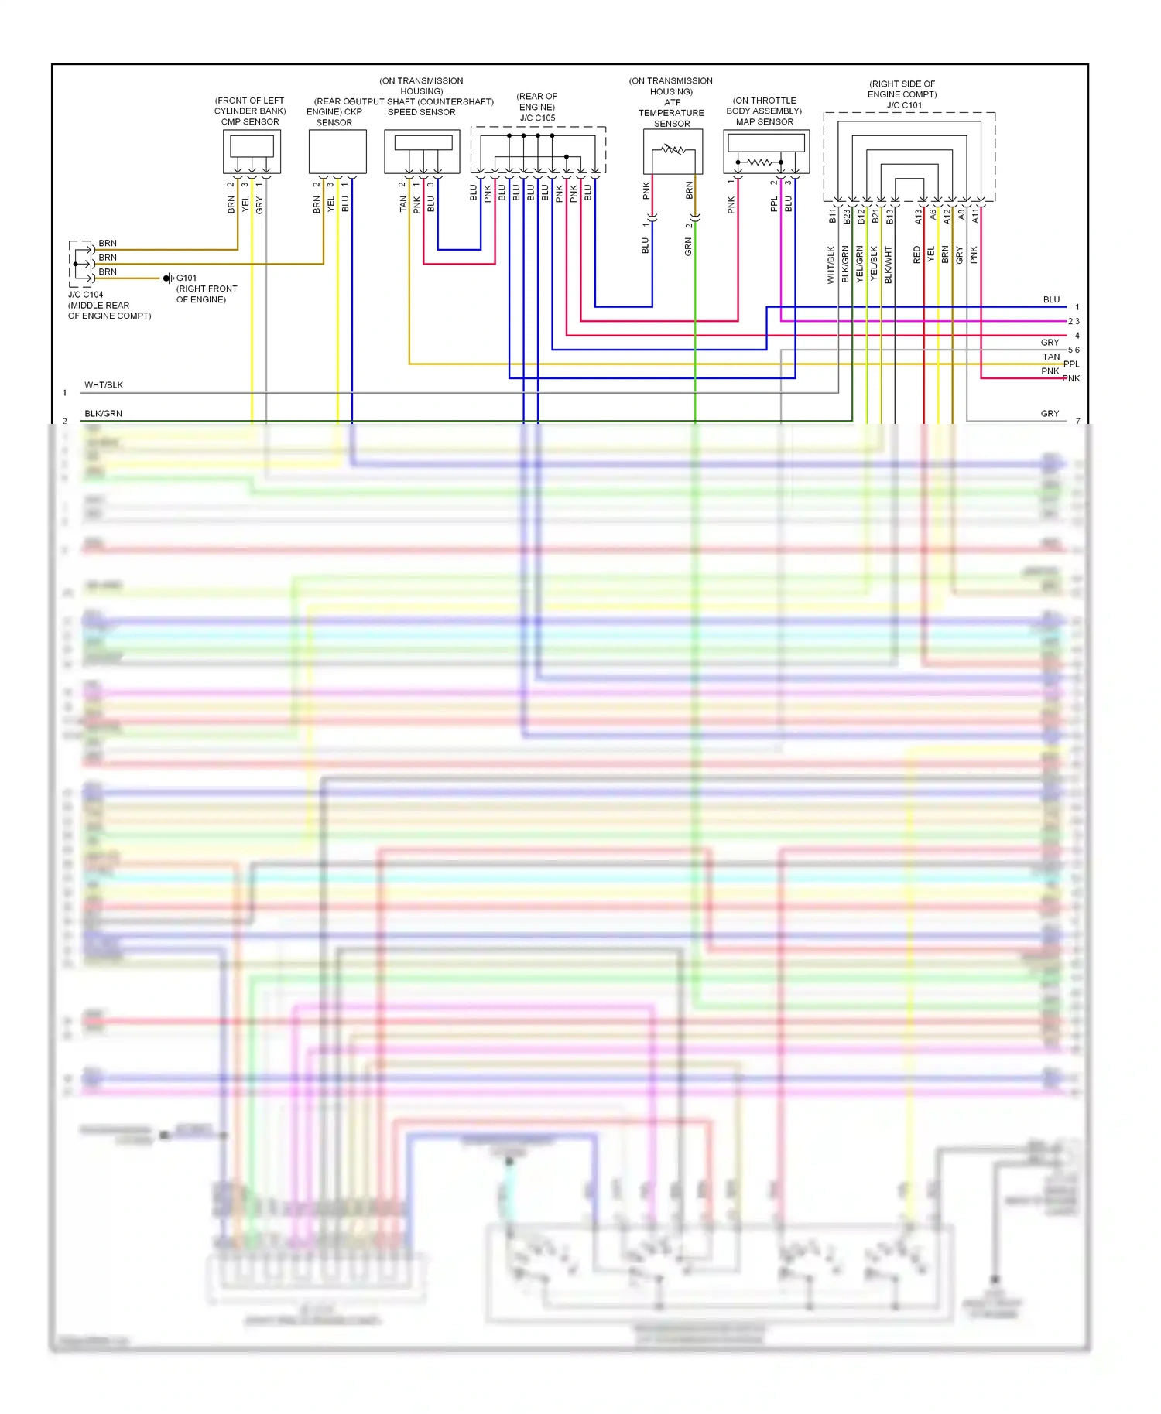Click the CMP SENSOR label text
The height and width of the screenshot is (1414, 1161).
pyautogui.click(x=250, y=122)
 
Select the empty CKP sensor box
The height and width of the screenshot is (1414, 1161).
pyautogui.click(x=337, y=152)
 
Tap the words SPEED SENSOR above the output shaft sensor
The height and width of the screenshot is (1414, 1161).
pyautogui.click(x=421, y=112)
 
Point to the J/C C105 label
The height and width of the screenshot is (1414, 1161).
pyautogui.click(x=537, y=118)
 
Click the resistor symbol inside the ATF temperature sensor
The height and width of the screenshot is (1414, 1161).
pyautogui.click(x=673, y=150)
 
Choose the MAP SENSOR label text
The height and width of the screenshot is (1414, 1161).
pyautogui.click(x=764, y=122)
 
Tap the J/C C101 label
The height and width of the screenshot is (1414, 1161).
pyautogui.click(x=904, y=105)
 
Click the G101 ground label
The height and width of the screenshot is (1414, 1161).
pyautogui.click(x=187, y=278)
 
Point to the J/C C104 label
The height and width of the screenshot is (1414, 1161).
pyautogui.click(x=85, y=295)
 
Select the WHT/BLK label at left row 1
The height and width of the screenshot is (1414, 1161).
pyautogui.click(x=104, y=385)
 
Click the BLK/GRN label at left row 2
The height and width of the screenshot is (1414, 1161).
pyautogui.click(x=103, y=414)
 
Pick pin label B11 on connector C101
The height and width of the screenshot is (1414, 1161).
pyautogui.click(x=833, y=216)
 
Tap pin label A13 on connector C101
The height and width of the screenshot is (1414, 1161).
pyautogui.click(x=919, y=216)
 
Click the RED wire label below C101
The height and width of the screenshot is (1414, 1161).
pyautogui.click(x=917, y=254)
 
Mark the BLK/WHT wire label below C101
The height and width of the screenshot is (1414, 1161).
pyautogui.click(x=889, y=265)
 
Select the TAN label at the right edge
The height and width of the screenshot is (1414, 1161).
pyautogui.click(x=1050, y=357)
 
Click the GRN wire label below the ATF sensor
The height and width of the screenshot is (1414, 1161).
pyautogui.click(x=688, y=247)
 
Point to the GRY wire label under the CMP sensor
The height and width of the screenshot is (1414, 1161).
pyautogui.click(x=260, y=205)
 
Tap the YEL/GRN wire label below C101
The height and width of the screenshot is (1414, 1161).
pyautogui.click(x=860, y=264)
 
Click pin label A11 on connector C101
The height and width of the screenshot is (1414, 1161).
pyautogui.click(x=976, y=215)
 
